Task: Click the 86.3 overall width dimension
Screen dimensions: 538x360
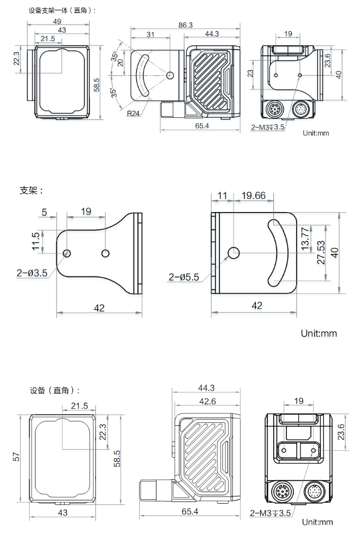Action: pos(185,25)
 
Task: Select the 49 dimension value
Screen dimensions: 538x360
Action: pos(57,21)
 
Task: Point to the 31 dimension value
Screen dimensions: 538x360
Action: pos(151,34)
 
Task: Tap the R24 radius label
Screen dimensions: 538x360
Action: pos(133,113)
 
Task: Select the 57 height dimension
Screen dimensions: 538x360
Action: pos(17,457)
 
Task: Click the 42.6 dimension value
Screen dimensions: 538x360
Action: pos(206,401)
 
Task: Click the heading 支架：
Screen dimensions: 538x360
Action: pos(32,190)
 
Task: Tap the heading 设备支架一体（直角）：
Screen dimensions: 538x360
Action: pos(62,10)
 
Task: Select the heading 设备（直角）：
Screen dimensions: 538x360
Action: pos(55,390)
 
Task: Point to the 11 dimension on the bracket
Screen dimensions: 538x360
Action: pos(222,196)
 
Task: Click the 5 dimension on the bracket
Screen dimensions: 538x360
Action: pos(44,211)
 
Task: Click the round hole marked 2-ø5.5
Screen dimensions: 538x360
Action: pos(234,252)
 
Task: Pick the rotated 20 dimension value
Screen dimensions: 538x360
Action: pos(121,62)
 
